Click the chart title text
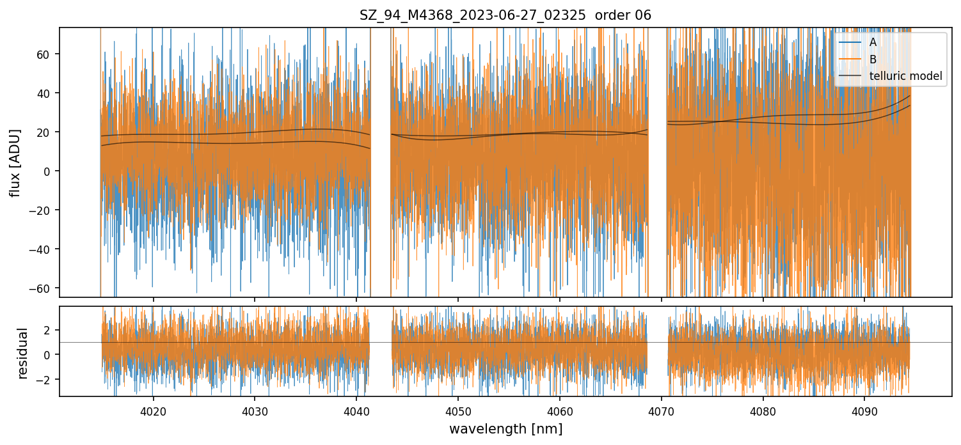(505, 15)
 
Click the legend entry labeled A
(873, 43)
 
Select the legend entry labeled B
(873, 59)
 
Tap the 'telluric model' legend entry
(905, 76)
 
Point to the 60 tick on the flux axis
(45, 54)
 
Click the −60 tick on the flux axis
(42, 288)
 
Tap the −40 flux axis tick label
(42, 249)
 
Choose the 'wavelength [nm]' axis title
(505, 429)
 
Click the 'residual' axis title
(23, 353)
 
